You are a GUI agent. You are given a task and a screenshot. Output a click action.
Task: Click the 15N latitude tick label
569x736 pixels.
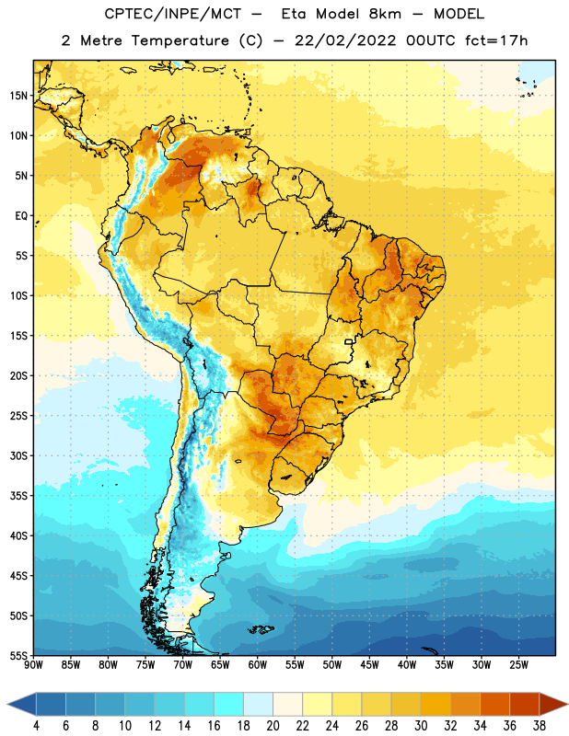(18, 96)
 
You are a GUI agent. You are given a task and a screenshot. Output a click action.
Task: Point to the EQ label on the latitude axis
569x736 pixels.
(21, 216)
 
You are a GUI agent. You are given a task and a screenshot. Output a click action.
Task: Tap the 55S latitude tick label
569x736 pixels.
(18, 655)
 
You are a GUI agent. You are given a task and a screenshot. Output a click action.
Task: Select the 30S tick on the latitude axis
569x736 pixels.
(18, 455)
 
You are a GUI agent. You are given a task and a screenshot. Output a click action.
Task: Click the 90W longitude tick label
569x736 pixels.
(33, 665)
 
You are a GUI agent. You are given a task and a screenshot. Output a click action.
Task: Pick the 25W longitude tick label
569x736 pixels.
(518, 665)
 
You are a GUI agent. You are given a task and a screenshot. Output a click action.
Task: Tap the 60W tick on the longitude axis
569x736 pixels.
(258, 665)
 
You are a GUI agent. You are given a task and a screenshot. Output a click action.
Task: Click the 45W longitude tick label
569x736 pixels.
(369, 665)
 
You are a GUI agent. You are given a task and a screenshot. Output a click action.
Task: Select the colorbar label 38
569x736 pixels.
(540, 726)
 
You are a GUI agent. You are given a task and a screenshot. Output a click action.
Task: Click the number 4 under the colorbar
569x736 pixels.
(37, 726)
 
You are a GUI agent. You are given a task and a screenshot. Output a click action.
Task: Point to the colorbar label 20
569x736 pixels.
(273, 726)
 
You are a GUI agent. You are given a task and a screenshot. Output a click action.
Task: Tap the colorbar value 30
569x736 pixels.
(421, 726)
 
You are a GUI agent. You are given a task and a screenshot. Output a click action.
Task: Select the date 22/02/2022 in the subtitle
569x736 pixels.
(345, 40)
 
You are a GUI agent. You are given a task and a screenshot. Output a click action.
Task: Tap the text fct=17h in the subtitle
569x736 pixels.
(496, 40)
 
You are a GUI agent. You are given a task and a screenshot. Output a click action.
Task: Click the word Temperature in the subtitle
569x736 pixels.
(180, 40)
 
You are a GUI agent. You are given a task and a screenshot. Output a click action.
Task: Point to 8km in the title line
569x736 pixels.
(385, 14)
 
